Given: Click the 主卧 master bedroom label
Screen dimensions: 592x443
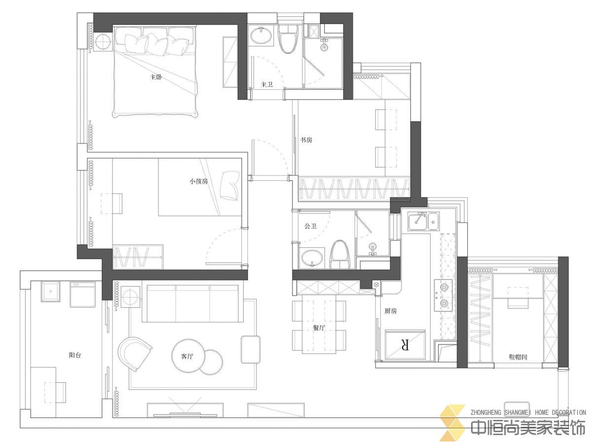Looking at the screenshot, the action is [x=156, y=77].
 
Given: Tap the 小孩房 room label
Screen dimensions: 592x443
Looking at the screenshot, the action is [x=198, y=181].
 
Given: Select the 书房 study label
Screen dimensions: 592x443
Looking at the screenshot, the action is [x=306, y=140].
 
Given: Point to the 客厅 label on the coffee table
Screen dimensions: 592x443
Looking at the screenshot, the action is [x=187, y=357].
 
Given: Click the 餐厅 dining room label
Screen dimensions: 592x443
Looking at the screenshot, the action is [x=319, y=328].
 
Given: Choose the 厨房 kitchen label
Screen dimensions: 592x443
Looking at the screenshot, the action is [x=391, y=311].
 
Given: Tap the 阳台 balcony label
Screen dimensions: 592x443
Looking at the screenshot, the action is [x=74, y=355].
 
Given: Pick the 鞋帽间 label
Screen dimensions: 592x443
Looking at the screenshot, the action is [x=518, y=357].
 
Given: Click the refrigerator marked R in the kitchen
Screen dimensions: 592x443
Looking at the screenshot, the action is [x=405, y=345].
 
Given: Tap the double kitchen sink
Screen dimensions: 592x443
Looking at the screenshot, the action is [x=423, y=221].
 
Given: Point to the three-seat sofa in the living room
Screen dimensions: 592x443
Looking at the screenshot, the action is [x=192, y=303].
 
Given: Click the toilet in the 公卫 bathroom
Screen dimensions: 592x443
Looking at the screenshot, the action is [x=340, y=255].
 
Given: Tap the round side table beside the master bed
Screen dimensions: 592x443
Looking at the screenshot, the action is [x=104, y=42].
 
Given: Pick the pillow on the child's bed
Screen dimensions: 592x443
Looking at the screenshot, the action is [x=230, y=185].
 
